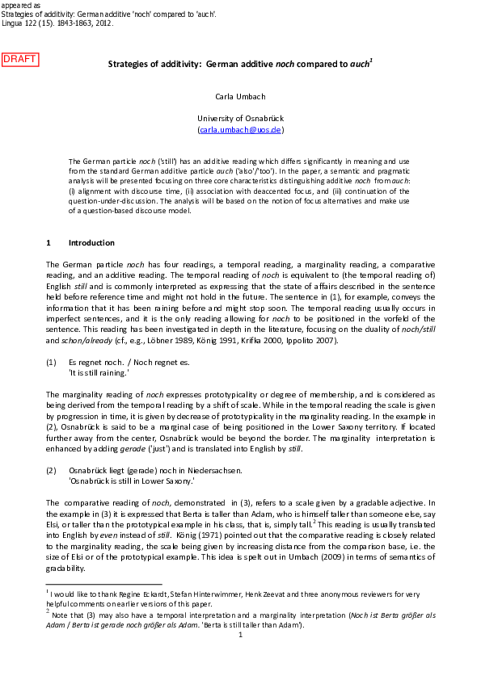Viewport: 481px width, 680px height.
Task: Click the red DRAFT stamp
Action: (20, 59)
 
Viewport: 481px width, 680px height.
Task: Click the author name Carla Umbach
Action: (240, 97)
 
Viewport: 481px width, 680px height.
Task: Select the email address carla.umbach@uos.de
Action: (240, 129)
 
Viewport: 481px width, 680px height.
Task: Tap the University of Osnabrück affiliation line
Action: (240, 118)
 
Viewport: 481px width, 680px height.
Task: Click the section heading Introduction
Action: (91, 242)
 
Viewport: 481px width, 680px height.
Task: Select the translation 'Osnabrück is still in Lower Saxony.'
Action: (132, 480)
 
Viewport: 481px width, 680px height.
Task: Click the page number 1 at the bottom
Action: (240, 635)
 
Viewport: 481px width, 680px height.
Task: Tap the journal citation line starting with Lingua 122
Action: (57, 24)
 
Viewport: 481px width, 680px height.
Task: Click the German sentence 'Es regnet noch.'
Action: (95, 363)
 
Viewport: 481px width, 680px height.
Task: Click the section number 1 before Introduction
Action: (49, 242)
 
